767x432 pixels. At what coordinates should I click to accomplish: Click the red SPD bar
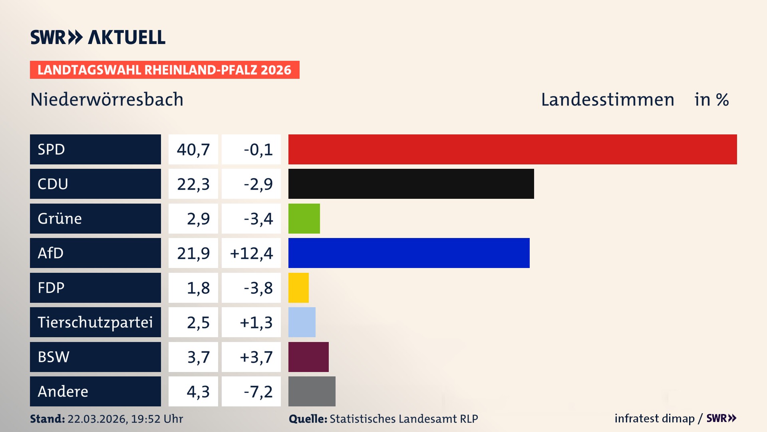point(512,149)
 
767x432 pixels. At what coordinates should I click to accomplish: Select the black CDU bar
point(411,184)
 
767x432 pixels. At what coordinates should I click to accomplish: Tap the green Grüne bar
point(304,218)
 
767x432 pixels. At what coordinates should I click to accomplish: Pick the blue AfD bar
point(409,253)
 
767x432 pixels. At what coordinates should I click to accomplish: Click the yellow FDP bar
point(298,288)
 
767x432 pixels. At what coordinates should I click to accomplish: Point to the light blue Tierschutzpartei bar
point(302,322)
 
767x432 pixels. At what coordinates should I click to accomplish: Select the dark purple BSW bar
point(308,357)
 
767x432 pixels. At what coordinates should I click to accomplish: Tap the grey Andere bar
point(312,391)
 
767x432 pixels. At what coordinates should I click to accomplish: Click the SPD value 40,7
point(193,150)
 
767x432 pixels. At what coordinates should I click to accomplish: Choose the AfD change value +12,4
point(251,253)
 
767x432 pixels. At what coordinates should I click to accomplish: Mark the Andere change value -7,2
point(258,392)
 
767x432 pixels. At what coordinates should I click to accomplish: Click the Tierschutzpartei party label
point(95,322)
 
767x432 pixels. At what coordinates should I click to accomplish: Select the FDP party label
point(51,288)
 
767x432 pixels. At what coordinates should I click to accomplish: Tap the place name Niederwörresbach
point(107,100)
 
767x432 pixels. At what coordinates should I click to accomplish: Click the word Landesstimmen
point(607,100)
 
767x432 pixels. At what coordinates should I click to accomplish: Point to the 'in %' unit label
point(711,100)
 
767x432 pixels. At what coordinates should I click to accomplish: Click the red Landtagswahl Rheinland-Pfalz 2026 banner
point(165,70)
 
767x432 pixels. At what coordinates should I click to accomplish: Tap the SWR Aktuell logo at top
point(98,37)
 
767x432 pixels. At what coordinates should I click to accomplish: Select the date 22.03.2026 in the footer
point(97,419)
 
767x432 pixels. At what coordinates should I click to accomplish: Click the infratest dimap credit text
point(654,418)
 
